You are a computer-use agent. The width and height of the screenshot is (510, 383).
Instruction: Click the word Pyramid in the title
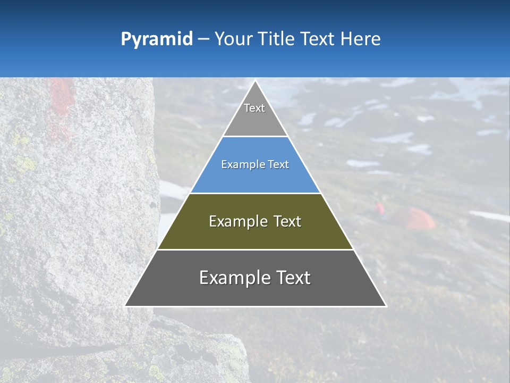[x=156, y=39]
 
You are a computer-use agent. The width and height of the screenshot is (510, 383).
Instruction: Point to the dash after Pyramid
[x=203, y=39]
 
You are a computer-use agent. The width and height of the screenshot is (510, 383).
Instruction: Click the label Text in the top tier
[x=254, y=108]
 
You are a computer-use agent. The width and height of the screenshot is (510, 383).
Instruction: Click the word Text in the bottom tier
[x=292, y=278]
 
